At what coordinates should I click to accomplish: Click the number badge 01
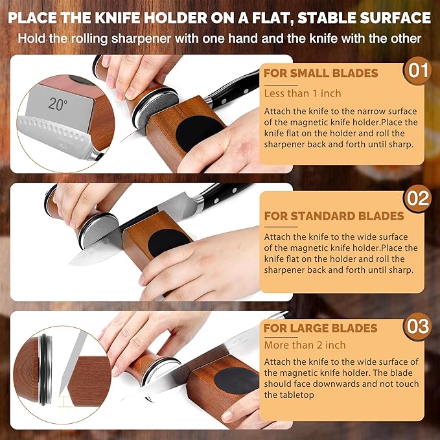pyautogui.click(x=417, y=70)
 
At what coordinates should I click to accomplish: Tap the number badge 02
pyautogui.click(x=417, y=198)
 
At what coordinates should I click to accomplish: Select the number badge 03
pyautogui.click(x=417, y=327)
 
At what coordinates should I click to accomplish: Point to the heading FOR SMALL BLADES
pyautogui.click(x=320, y=74)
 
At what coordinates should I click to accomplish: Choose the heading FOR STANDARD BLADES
pyautogui.click(x=333, y=216)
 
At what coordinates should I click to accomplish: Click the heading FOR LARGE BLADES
pyautogui.click(x=320, y=328)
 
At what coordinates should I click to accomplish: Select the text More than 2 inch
pyautogui.click(x=305, y=345)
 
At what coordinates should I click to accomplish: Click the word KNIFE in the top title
pyautogui.click(x=133, y=17)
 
